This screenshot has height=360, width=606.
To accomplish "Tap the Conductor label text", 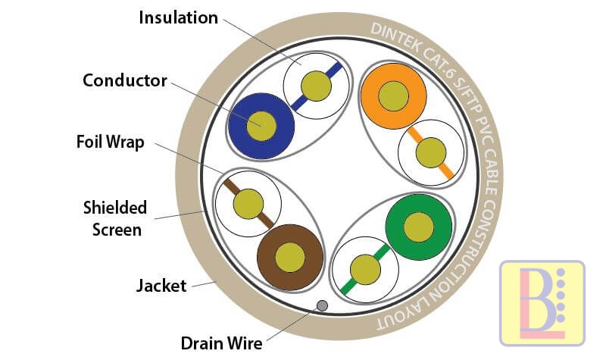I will click(x=124, y=80).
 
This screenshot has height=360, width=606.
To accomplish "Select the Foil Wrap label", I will click(x=110, y=142).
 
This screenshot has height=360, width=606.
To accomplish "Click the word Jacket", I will click(x=161, y=286).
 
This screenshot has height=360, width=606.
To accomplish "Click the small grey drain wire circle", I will click(x=322, y=305).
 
